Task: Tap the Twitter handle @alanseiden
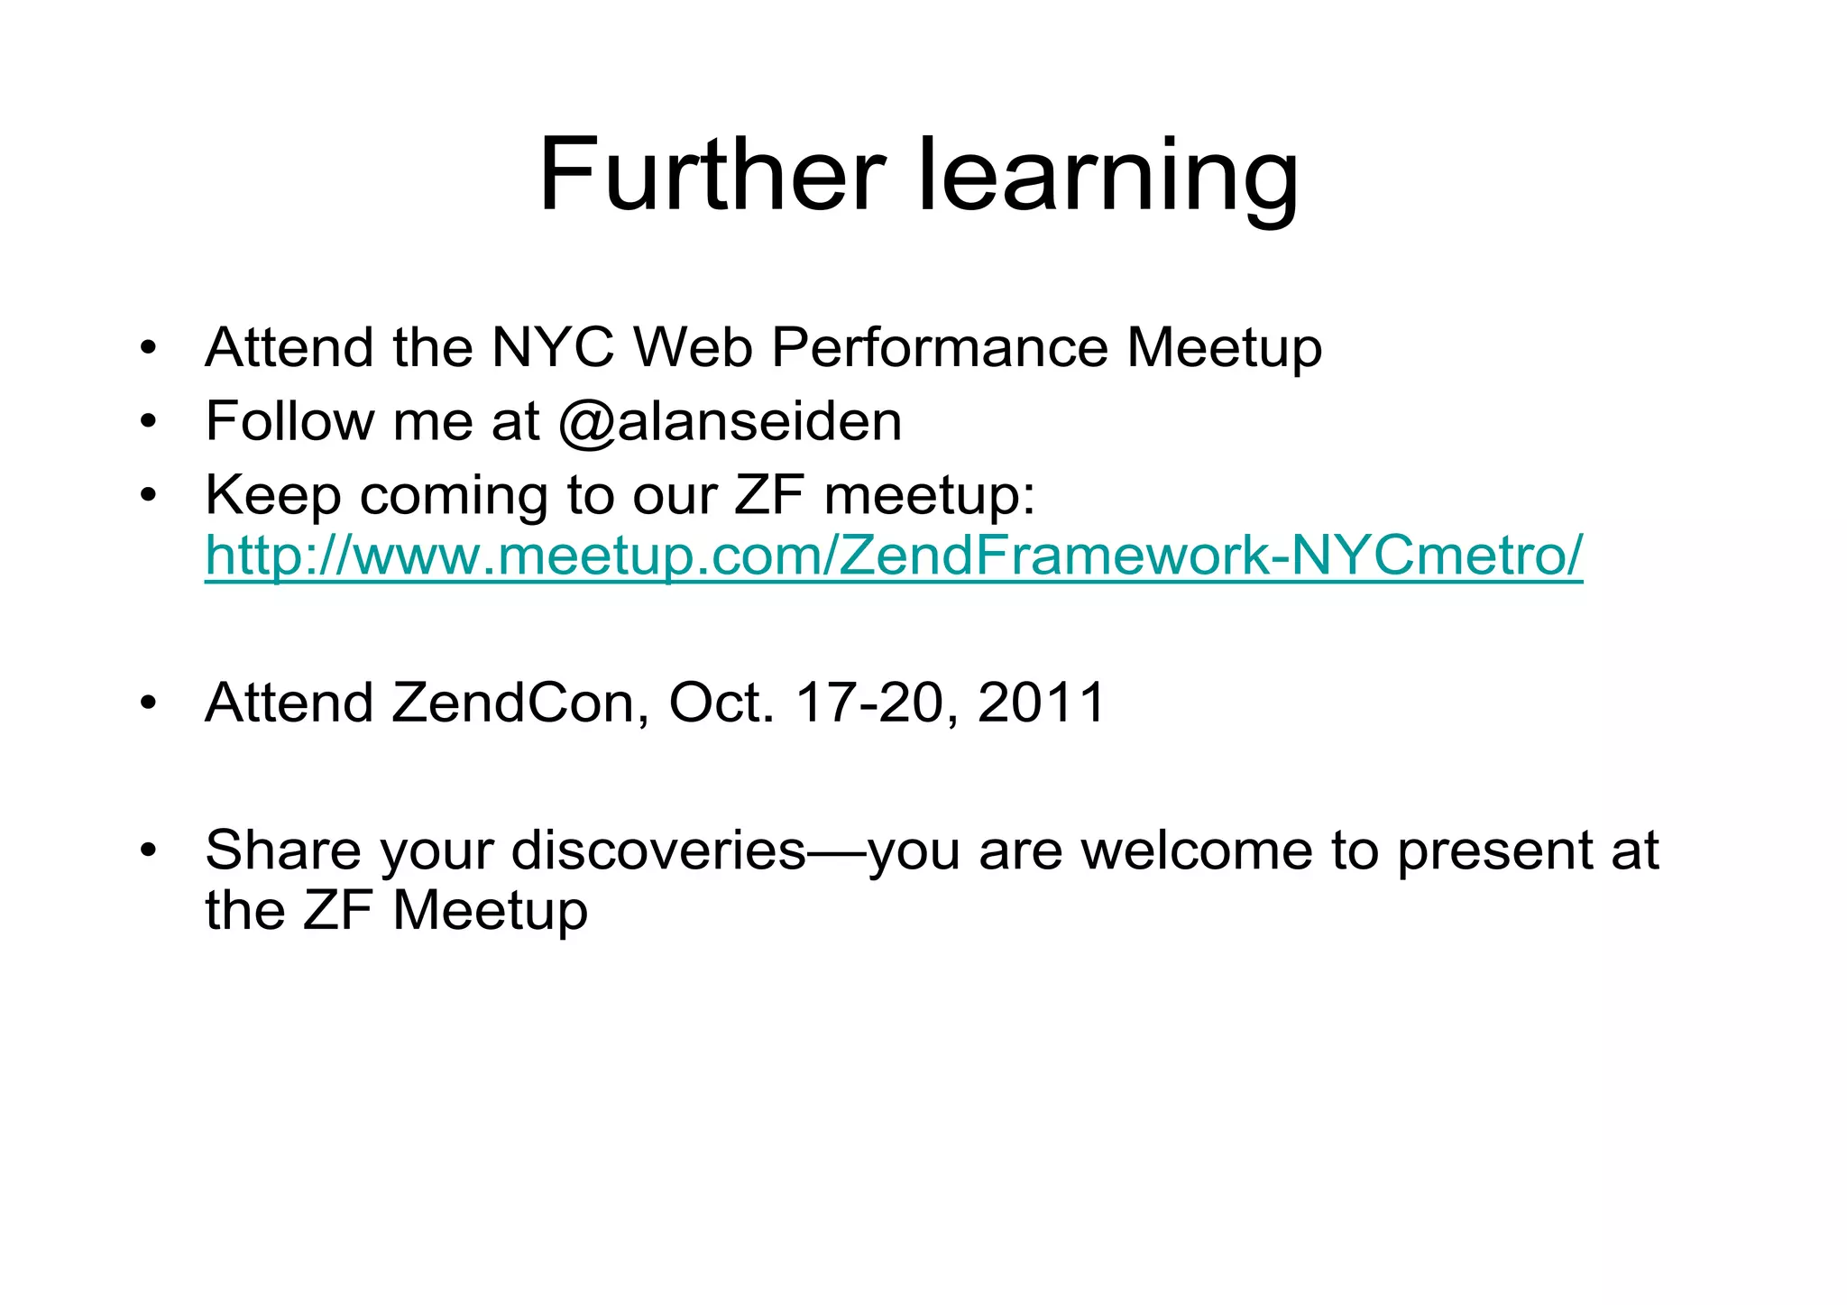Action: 730,421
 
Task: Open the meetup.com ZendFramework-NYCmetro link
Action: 893,556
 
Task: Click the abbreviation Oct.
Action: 720,703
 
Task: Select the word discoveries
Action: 658,850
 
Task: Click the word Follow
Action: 287,421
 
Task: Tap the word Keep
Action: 272,496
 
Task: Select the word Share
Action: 283,850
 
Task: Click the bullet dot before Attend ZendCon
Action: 149,703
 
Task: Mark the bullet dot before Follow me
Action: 149,421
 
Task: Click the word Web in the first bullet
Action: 693,347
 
